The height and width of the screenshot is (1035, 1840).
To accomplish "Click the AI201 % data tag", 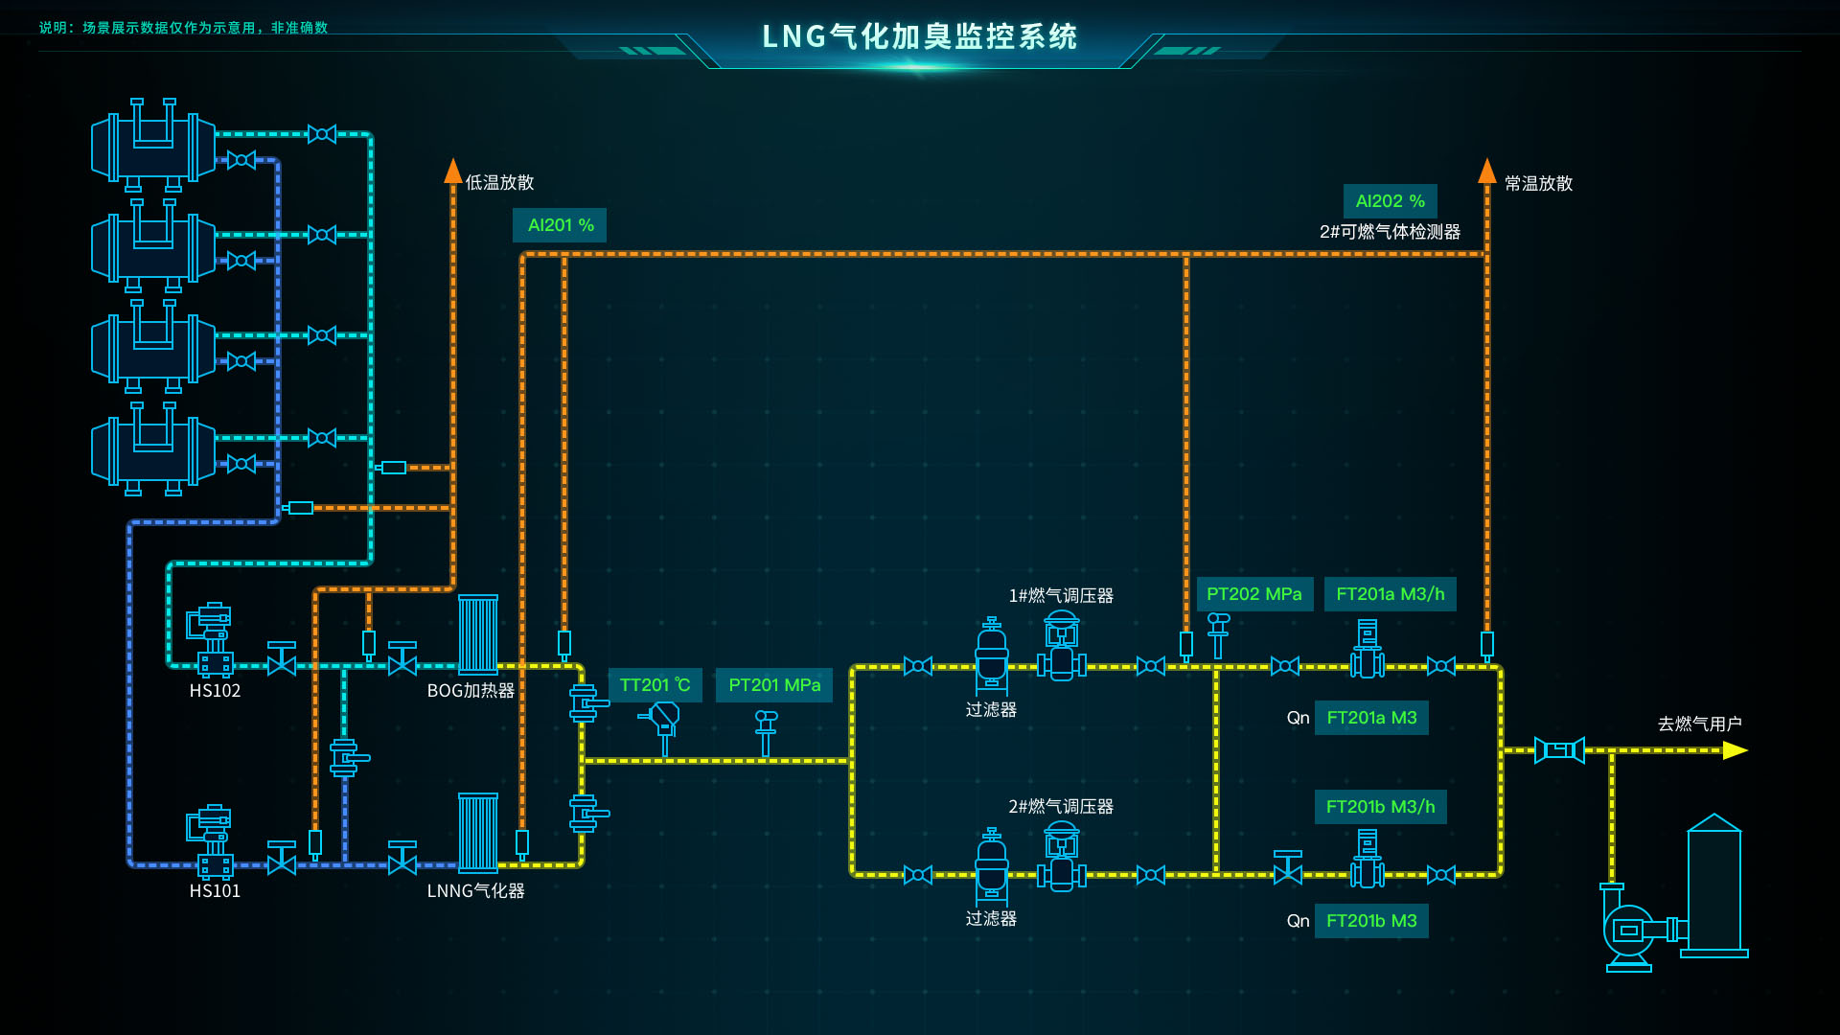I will pos(560,225).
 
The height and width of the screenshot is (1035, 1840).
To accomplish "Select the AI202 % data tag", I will pos(1390,201).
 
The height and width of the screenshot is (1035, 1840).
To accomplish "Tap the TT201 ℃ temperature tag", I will pos(655,685).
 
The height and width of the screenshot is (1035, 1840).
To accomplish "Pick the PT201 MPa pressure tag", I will pos(774,685).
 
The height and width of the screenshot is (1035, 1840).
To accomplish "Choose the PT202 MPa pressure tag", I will pos(1253,594).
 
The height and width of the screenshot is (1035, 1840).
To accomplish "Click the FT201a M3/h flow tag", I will pos(1390,594).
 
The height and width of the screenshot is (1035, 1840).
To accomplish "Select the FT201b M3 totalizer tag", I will pos(1371,921).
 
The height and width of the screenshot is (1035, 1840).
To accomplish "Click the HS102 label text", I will pos(215,691).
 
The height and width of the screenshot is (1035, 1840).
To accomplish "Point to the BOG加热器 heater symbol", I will pos(477,634).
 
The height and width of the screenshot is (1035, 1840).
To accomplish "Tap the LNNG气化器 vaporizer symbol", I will pos(477,832).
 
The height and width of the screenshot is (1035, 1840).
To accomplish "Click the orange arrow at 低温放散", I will pos(453,172).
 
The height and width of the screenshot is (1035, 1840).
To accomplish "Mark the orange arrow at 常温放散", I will pos(1486,172).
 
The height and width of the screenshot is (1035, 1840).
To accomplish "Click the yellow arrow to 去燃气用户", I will pos(1735,750).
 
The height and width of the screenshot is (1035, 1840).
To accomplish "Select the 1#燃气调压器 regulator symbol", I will pos(1062,646).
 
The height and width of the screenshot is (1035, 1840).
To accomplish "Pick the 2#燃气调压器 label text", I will pos(1060,807).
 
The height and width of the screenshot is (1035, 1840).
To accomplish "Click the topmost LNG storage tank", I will pos(153,146).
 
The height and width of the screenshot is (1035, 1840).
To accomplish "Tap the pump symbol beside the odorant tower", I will pos(1629,930).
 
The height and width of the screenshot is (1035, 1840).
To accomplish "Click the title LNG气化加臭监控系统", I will pos(919,36).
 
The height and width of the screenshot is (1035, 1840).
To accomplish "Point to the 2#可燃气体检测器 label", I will pos(1390,232).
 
